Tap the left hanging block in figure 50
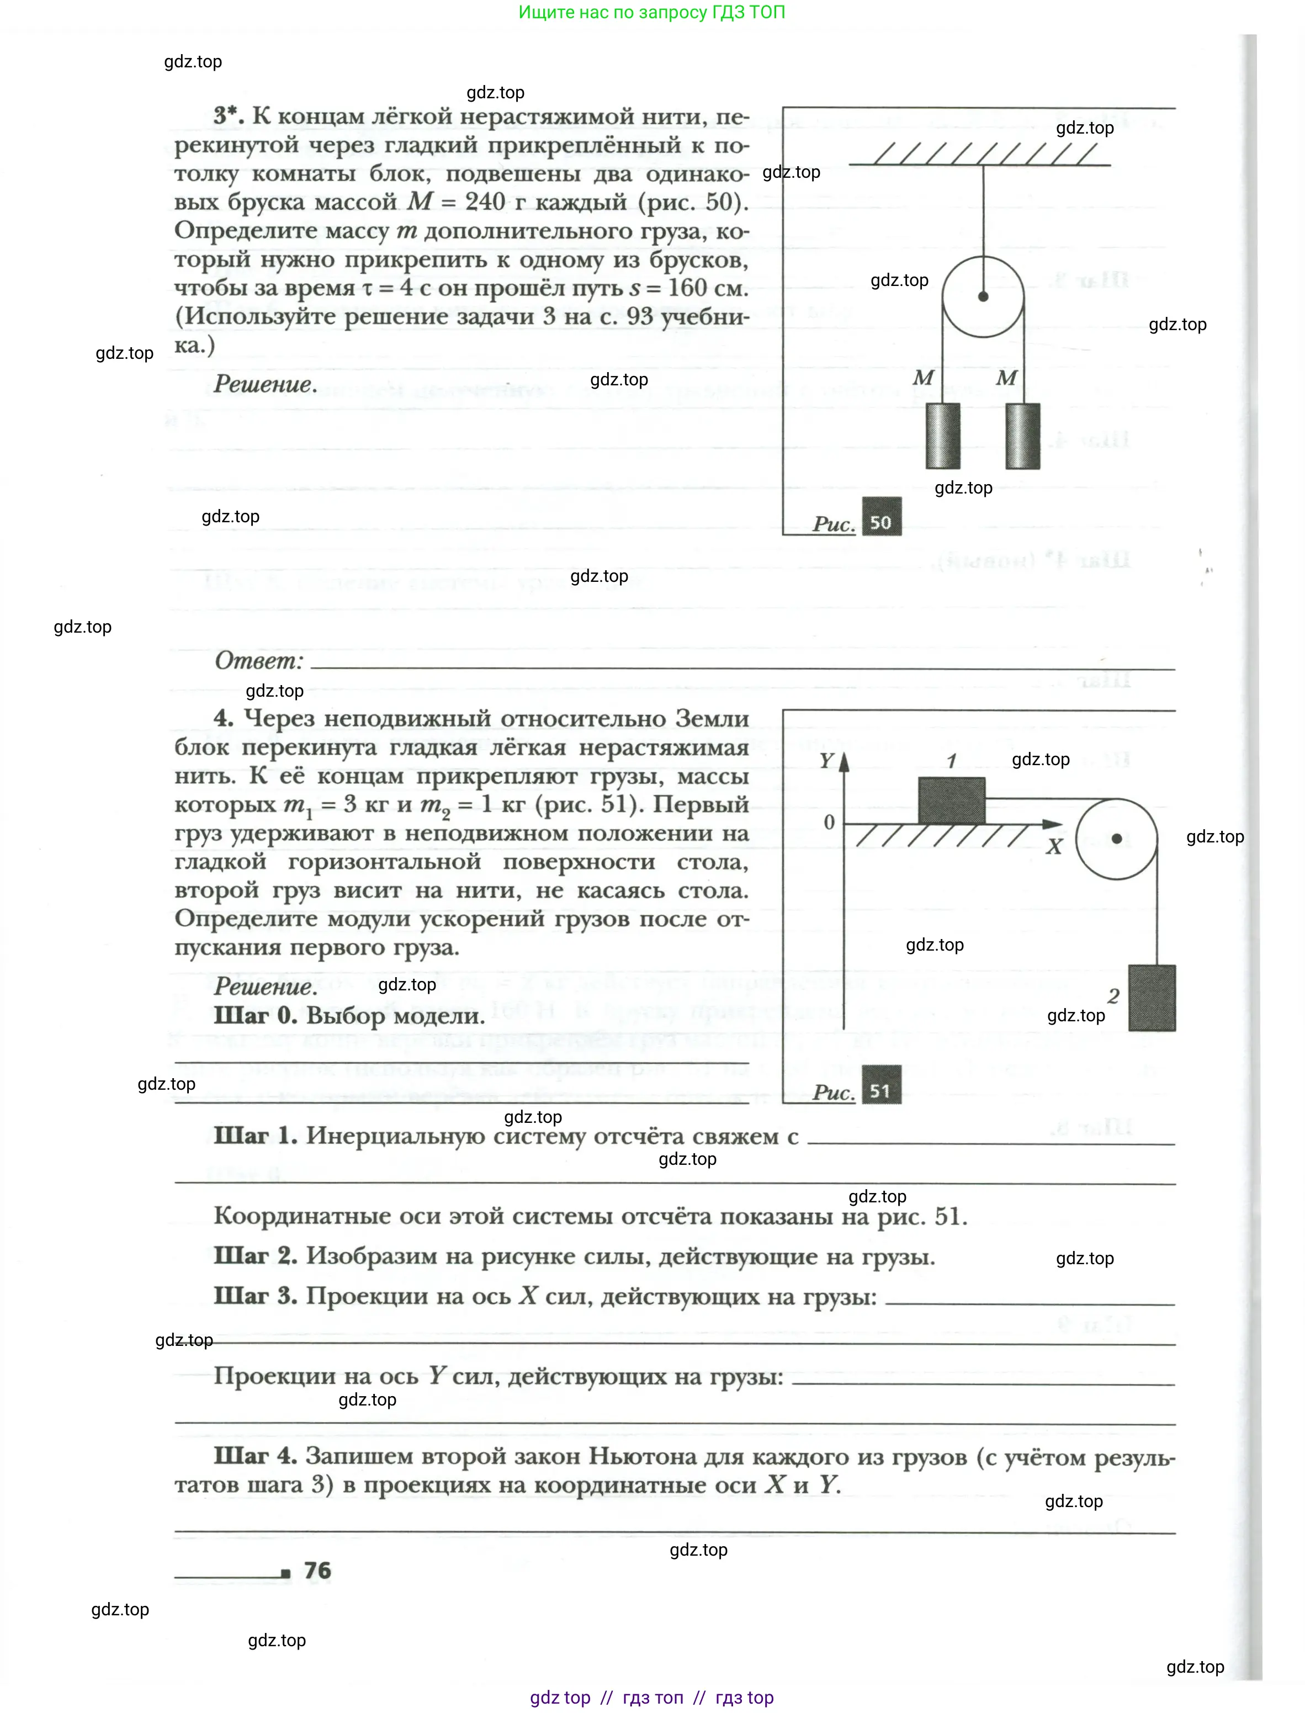pos(942,436)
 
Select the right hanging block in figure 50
pos(1022,436)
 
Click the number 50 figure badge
pos(881,522)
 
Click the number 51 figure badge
pos(881,1091)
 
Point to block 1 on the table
pos(952,800)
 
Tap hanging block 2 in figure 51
pos(1151,998)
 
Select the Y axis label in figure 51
pos(826,761)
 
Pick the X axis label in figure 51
pos(1053,847)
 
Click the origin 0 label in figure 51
pos(829,822)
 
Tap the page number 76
pos(317,1570)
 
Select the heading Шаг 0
pos(255,1015)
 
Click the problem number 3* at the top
pos(229,116)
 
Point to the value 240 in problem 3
pos(485,202)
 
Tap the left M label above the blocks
pos(923,378)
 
